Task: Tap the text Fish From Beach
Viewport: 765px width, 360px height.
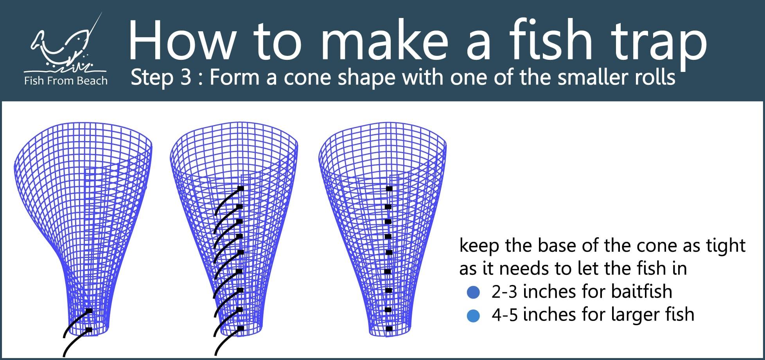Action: [x=66, y=81]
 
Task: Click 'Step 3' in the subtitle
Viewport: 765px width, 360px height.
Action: [x=161, y=78]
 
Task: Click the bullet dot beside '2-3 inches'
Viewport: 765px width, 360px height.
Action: [x=473, y=292]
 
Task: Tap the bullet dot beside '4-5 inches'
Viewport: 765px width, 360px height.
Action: [x=473, y=315]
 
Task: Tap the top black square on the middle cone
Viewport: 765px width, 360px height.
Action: [x=241, y=188]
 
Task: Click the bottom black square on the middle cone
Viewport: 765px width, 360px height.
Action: [x=241, y=328]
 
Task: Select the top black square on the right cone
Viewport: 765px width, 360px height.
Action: [x=389, y=188]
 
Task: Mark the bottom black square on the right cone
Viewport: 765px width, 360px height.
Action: [x=389, y=328]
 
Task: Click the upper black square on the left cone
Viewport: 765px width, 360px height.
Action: [x=89, y=311]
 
